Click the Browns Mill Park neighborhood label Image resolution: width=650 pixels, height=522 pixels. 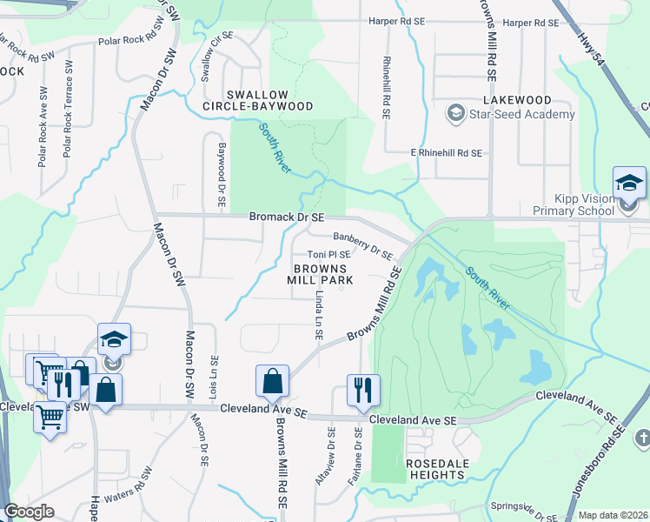(322, 275)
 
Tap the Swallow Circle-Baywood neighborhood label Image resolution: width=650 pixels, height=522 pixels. (269, 100)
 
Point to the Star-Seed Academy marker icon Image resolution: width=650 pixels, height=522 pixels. (454, 114)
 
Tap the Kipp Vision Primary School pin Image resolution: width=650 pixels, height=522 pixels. (628, 185)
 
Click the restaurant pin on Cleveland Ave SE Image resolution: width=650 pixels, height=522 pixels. (361, 390)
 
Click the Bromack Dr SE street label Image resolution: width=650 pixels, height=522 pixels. (287, 216)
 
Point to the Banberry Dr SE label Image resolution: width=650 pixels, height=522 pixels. (363, 244)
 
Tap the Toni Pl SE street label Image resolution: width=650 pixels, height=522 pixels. (328, 255)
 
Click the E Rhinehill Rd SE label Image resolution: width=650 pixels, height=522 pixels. (446, 153)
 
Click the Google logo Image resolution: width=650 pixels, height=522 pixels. (30, 512)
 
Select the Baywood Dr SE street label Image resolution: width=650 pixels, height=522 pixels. (222, 174)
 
